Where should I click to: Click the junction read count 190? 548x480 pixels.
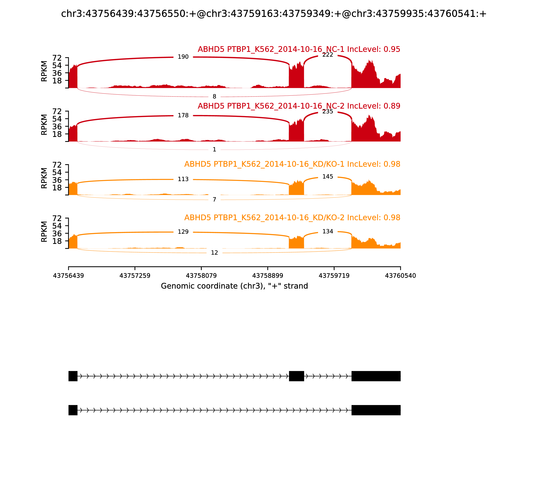pos(183,57)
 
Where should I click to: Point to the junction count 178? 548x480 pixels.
pos(183,115)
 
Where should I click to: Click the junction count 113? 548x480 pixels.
pos(183,179)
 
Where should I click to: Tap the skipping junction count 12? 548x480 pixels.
pos(214,253)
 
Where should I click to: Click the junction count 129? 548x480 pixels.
pos(183,232)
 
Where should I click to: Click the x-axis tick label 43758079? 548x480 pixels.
pos(201,276)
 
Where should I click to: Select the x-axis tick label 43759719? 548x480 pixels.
pos(334,276)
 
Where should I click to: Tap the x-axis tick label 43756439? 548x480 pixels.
pos(68,276)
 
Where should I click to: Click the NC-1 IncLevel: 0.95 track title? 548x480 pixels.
pos(299,49)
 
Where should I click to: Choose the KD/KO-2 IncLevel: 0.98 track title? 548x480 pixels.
pos(292,218)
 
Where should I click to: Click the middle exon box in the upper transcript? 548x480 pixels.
pos(296,376)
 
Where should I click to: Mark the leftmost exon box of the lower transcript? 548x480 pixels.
pos(73,410)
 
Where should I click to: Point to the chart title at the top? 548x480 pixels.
pos(274,14)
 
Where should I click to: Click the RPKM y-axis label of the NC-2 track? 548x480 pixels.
pos(44,125)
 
